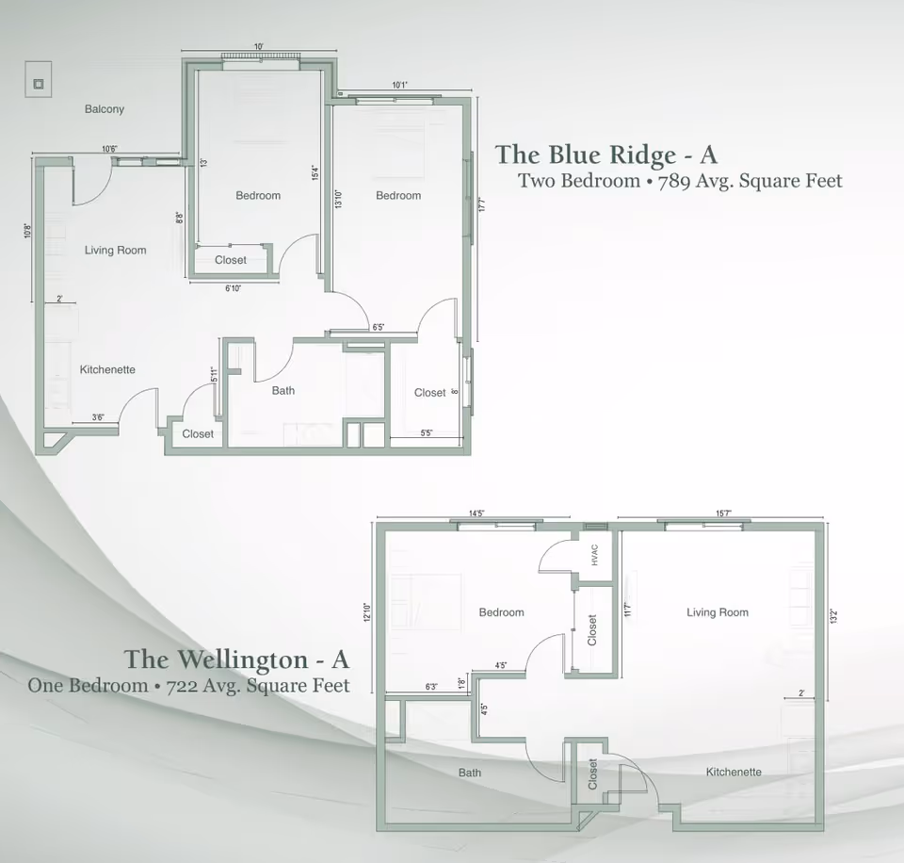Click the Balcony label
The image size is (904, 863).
(x=104, y=109)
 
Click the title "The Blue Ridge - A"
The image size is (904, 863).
(x=605, y=155)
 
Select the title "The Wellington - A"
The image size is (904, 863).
(x=236, y=659)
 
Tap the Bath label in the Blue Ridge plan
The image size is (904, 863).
(x=282, y=390)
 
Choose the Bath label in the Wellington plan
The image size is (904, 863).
(x=469, y=773)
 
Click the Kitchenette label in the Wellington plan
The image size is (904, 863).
(x=734, y=772)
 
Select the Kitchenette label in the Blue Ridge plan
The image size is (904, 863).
(x=107, y=369)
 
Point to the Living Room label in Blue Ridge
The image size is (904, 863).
(x=115, y=250)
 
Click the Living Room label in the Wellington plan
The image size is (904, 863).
(x=718, y=612)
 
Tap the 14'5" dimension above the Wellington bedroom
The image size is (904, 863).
(x=476, y=513)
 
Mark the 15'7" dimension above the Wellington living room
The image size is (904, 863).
(x=723, y=513)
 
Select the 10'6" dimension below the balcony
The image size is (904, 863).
(x=109, y=149)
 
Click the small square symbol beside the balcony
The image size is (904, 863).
(x=38, y=84)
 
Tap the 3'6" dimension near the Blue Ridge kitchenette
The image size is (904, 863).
(x=98, y=417)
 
